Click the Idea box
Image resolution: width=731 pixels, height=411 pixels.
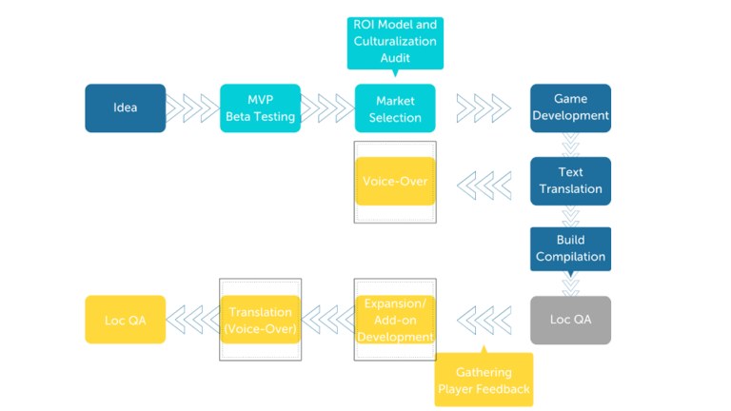pyautogui.click(x=125, y=108)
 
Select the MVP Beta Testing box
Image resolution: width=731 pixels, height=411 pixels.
pyautogui.click(x=260, y=108)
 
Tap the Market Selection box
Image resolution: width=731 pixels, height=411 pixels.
pyautogui.click(x=395, y=108)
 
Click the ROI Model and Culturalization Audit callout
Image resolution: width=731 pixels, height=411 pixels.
pyautogui.click(x=395, y=41)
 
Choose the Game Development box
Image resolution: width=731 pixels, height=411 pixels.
pyautogui.click(x=570, y=108)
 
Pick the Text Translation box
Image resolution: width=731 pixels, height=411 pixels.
pyautogui.click(x=570, y=181)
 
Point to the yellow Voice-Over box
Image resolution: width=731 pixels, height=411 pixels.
pyautogui.click(x=395, y=181)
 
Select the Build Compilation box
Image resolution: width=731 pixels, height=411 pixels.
pyautogui.click(x=570, y=248)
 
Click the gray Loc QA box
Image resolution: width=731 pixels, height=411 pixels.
pyautogui.click(x=570, y=320)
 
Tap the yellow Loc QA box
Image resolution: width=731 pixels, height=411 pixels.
pyautogui.click(x=125, y=320)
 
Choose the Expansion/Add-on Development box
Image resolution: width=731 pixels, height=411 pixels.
pyautogui.click(x=395, y=320)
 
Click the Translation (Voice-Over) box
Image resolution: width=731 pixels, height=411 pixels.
pyautogui.click(x=260, y=320)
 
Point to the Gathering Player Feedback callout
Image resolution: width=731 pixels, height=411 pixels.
pyautogui.click(x=484, y=380)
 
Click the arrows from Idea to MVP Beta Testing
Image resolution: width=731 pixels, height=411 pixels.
pyautogui.click(x=192, y=108)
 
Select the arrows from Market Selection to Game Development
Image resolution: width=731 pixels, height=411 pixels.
pyautogui.click(x=483, y=108)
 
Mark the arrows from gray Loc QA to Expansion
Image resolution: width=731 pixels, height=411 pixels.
pyautogui.click(x=483, y=320)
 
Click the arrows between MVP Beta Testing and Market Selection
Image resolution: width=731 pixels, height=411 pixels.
pyautogui.click(x=327, y=108)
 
